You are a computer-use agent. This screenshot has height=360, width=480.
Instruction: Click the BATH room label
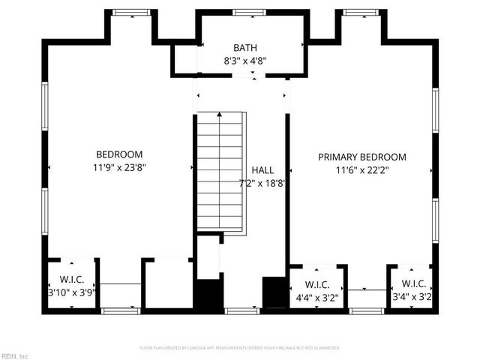[240, 47]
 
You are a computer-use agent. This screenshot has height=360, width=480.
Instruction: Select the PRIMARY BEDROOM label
[362, 157]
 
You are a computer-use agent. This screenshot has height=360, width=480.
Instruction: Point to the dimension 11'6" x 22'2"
[362, 170]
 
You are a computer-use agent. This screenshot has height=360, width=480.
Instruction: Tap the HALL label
[262, 170]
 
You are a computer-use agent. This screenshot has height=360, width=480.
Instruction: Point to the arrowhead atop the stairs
[220, 115]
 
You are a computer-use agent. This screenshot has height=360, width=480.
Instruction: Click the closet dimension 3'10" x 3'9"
[72, 293]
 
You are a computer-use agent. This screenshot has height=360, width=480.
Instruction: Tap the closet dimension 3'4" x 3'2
[411, 297]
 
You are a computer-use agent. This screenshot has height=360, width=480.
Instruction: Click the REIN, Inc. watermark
[15, 355]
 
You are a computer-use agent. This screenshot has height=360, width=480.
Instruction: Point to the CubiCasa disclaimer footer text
[240, 348]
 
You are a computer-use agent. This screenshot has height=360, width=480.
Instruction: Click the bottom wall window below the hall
[241, 310]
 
